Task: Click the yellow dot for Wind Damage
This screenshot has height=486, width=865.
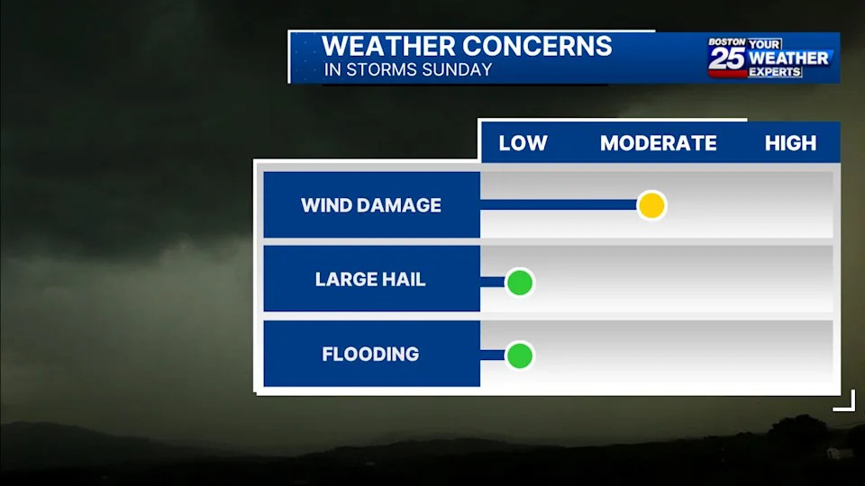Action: click(651, 205)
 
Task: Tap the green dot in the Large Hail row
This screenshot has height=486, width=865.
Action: click(520, 283)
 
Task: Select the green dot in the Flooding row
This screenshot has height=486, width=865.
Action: click(520, 356)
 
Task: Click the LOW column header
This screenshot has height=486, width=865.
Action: click(523, 143)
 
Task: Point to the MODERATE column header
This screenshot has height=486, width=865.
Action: click(659, 143)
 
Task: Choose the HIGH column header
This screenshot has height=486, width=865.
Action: click(790, 143)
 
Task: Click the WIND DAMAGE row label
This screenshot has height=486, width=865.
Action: click(370, 205)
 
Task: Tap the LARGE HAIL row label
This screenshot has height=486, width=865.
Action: click(370, 279)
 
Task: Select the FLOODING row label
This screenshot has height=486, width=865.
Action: click(370, 354)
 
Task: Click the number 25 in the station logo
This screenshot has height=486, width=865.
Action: click(727, 58)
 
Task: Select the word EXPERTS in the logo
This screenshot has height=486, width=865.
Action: click(775, 72)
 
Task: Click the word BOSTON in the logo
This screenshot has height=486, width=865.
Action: click(726, 42)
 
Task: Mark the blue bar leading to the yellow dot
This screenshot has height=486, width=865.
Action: click(559, 205)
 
